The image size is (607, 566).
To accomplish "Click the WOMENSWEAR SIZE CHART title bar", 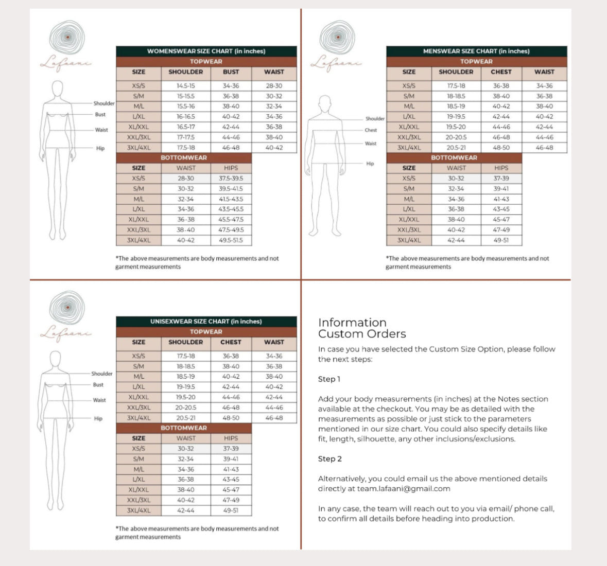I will tap(206, 51).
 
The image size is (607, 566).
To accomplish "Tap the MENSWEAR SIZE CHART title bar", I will tap(476, 51).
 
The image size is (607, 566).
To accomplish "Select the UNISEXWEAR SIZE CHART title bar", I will tap(206, 321).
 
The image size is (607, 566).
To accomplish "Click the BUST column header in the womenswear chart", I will tap(231, 72).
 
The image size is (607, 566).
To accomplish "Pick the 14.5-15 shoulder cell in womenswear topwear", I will tap(186, 86).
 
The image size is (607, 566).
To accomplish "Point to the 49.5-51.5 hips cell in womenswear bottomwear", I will tap(231, 240).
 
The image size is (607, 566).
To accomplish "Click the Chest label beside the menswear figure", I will tap(371, 130).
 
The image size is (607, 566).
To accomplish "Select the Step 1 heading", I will tap(329, 379).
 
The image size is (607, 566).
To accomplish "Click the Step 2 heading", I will tap(329, 459).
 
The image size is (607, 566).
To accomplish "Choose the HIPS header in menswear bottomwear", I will tap(501, 168).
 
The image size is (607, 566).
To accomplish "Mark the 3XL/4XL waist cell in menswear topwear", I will tap(544, 148).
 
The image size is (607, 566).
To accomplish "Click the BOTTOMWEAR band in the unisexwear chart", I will tap(184, 428).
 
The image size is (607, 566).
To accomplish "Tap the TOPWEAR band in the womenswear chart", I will tap(206, 61).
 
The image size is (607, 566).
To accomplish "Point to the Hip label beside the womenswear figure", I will tap(100, 148).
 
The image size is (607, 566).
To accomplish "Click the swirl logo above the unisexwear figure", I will tap(67, 308).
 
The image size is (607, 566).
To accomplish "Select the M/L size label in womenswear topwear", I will tap(138, 107).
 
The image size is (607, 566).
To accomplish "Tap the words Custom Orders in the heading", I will tap(362, 334).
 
